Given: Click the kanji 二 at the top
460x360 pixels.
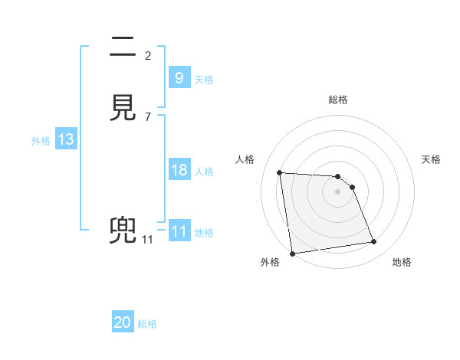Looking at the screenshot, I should click(x=124, y=49).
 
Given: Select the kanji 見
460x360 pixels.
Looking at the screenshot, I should click(x=124, y=110).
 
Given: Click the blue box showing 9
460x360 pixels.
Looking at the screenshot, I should click(x=179, y=77).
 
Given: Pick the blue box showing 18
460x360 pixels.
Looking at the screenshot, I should click(x=179, y=170).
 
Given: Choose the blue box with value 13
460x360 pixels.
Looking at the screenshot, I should click(x=65, y=139).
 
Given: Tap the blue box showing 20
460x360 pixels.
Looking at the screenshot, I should click(x=123, y=322).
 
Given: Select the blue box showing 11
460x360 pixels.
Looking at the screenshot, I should click(x=179, y=231).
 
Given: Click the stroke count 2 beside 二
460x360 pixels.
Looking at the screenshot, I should click(x=148, y=55).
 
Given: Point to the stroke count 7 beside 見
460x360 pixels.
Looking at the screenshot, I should click(x=148, y=116).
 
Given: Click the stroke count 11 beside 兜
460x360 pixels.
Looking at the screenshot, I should click(x=148, y=240).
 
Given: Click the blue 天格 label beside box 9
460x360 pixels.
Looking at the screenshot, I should click(x=204, y=80).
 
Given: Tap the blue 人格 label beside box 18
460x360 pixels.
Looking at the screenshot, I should click(x=204, y=172).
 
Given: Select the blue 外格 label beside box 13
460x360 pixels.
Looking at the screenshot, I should click(x=41, y=141).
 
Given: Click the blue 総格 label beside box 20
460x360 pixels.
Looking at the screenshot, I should click(x=147, y=324).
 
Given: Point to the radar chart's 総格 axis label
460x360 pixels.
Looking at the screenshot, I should click(x=338, y=100).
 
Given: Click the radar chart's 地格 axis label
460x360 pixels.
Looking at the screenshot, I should click(x=402, y=262).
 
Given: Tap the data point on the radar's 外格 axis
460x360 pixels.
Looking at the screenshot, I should click(x=292, y=254).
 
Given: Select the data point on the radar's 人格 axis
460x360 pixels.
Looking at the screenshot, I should click(x=280, y=172).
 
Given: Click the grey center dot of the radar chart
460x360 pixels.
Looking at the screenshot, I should click(x=338, y=191).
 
